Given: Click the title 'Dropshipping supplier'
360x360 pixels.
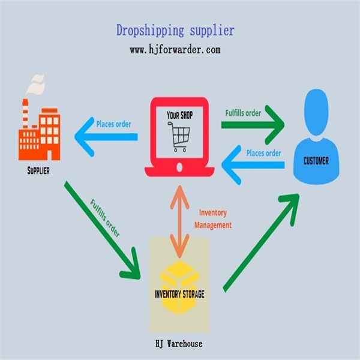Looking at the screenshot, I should click(175, 29).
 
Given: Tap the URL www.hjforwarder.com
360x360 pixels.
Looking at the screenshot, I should click(175, 50).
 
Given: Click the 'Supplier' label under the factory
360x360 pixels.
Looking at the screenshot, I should click(38, 170).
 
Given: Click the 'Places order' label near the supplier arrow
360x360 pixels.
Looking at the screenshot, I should click(114, 124).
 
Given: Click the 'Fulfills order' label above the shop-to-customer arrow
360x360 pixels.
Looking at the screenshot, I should click(243, 112).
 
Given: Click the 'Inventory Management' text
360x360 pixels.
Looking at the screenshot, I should click(212, 219).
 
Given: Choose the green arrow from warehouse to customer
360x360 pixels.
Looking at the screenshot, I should click(261, 243).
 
